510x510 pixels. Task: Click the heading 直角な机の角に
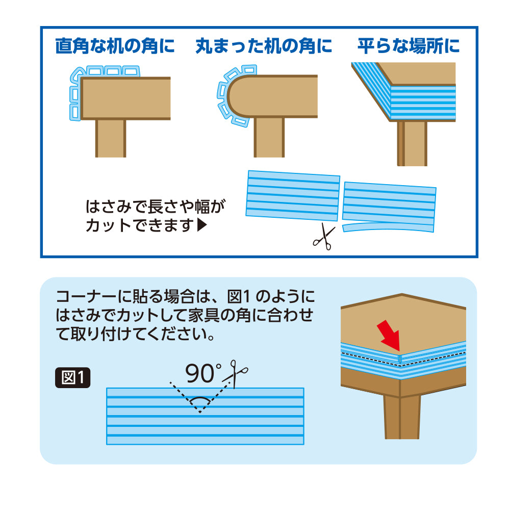coord(115,46)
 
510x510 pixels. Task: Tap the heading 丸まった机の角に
coord(264,46)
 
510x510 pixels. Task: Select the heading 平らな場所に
coord(409,46)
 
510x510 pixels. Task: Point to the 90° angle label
coord(202,373)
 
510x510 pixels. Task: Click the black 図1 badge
coord(72,378)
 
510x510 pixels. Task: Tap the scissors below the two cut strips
coord(322,238)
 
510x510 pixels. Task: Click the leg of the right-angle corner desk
coord(110,138)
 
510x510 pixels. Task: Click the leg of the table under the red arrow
coord(402,416)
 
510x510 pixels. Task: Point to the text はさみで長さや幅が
coord(156,207)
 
